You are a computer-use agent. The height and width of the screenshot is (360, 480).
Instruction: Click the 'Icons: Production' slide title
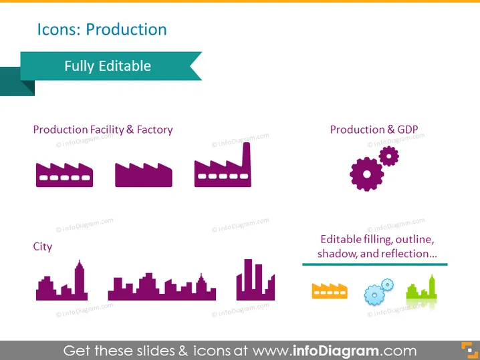(x=102, y=29)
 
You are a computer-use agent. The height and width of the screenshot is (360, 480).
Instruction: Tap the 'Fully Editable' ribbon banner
(x=111, y=66)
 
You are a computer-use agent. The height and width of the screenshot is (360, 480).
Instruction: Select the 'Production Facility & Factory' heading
(x=103, y=130)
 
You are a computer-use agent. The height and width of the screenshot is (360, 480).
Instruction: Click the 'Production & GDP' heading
(x=374, y=130)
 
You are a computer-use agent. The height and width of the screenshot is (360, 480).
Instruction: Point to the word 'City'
(x=43, y=246)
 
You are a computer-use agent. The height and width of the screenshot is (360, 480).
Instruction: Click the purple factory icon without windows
(x=144, y=175)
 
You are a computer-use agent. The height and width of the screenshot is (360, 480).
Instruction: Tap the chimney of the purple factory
(x=247, y=156)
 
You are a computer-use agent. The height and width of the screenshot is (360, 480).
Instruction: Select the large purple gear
(x=367, y=174)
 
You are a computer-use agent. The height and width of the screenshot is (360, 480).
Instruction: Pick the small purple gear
(x=389, y=156)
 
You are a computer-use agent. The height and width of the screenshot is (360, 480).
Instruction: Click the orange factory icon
(x=330, y=291)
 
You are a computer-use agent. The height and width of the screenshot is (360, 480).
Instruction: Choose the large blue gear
(x=374, y=295)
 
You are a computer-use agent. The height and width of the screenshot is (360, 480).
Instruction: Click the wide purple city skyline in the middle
(x=162, y=287)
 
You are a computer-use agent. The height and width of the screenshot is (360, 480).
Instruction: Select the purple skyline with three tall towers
(x=255, y=280)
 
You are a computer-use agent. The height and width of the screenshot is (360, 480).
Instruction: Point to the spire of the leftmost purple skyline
(x=80, y=264)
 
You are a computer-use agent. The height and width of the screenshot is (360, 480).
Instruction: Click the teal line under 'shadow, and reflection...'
(x=374, y=264)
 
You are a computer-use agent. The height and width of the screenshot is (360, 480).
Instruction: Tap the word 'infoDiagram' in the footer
(x=336, y=351)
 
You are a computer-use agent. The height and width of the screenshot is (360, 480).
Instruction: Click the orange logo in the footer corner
(x=469, y=350)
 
